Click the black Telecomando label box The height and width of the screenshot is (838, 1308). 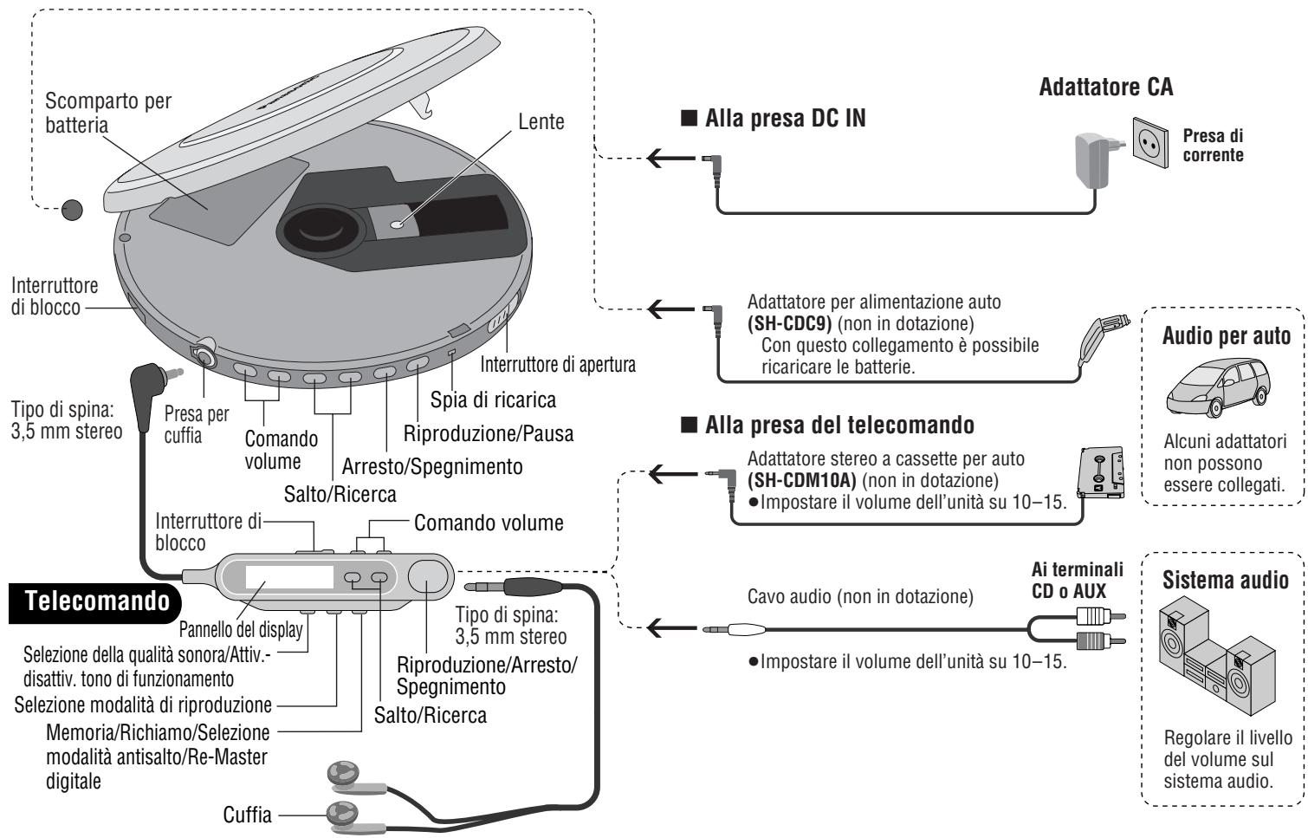[95, 602]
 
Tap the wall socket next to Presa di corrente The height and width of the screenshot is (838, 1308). [1151, 143]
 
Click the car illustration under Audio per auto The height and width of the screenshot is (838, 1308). [1218, 387]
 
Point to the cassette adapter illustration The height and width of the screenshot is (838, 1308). [1101, 472]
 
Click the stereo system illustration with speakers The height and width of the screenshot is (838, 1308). [1217, 654]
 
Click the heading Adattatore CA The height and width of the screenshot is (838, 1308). [1106, 87]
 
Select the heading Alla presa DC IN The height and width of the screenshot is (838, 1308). [786, 118]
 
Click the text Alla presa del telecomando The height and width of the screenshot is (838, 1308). [839, 425]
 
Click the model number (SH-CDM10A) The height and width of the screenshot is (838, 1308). [802, 480]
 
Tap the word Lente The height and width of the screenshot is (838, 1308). [541, 121]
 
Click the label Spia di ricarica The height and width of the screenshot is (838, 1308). [493, 400]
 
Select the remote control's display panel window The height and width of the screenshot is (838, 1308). [289, 577]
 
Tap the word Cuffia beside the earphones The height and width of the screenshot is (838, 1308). [247, 815]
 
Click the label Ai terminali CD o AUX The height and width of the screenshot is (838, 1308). [1078, 580]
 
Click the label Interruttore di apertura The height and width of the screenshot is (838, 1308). [558, 364]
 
